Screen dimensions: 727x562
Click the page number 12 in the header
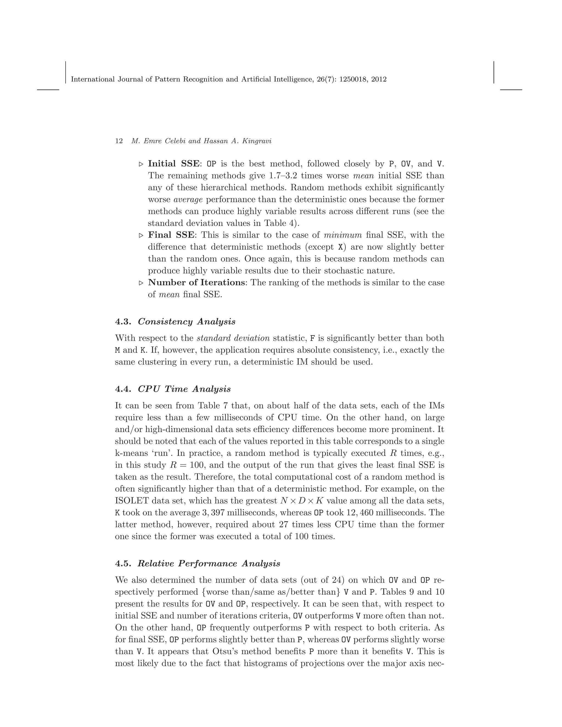pos(119,141)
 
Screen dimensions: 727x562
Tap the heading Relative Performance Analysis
pos(209,563)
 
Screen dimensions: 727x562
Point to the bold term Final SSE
pos(171,235)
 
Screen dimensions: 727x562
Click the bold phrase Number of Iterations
pos(196,283)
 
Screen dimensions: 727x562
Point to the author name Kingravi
pos(257,141)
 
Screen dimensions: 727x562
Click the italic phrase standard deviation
pos(233,338)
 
